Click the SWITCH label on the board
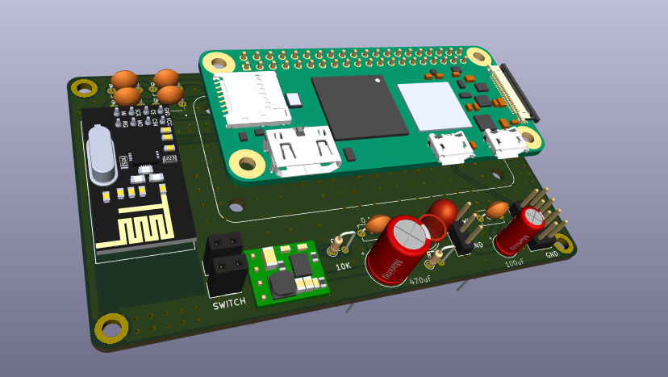229,304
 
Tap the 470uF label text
420,280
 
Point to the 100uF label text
515,263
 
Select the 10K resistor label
343,266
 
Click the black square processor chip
359,106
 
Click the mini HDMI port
302,151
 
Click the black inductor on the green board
282,283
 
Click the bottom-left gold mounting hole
111,327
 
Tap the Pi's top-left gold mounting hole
217,62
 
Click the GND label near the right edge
552,254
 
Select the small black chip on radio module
146,170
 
